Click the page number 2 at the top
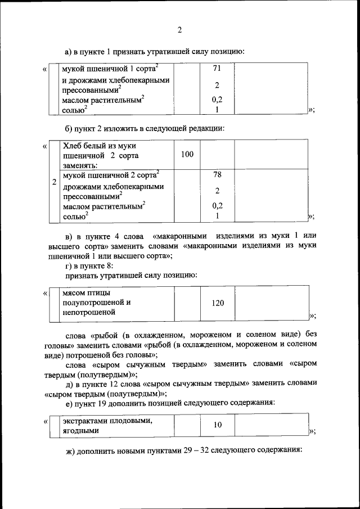tap(179, 30)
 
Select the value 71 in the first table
tap(217, 69)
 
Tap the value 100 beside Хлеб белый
tap(187, 154)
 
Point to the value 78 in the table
tap(217, 174)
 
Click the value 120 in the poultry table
tap(217, 303)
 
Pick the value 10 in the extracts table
tap(217, 425)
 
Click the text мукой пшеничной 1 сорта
tap(110, 69)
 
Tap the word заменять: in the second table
tap(80, 164)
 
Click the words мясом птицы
tap(86, 292)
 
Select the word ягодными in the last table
tap(81, 430)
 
